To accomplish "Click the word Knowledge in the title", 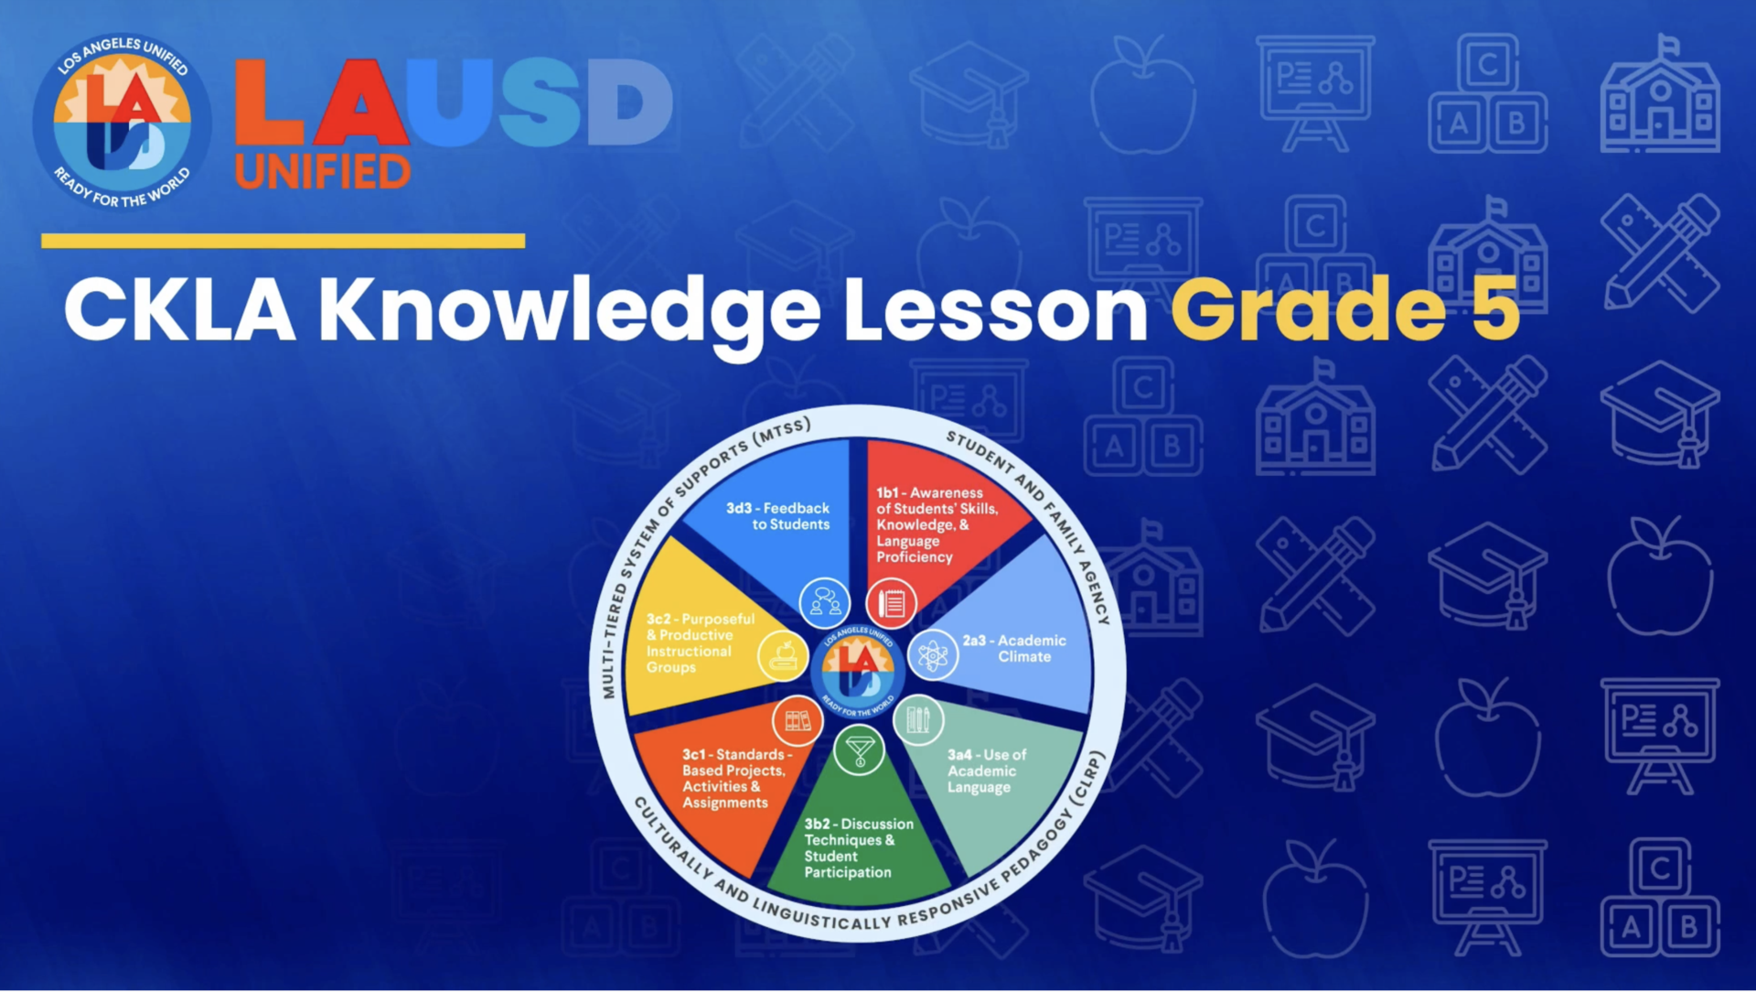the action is pyautogui.click(x=569, y=311).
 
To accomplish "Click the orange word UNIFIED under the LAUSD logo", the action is pyautogui.click(x=322, y=172).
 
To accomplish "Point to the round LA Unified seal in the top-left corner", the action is pyautogui.click(x=122, y=122).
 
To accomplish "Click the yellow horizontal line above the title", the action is pyautogui.click(x=283, y=241).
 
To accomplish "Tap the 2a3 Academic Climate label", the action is pyautogui.click(x=1014, y=648).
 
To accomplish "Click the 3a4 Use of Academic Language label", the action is pyautogui.click(x=986, y=771).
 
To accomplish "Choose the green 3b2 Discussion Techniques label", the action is pyautogui.click(x=858, y=847).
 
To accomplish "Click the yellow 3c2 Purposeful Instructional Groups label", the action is pyautogui.click(x=700, y=642).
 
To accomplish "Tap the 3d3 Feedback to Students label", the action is pyautogui.click(x=778, y=516).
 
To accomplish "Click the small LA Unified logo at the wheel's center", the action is pyautogui.click(x=858, y=671).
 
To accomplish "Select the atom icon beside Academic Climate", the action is pyautogui.click(x=932, y=654).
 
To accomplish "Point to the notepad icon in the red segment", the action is pyautogui.click(x=892, y=603).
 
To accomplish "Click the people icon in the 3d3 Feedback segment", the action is pyautogui.click(x=825, y=603).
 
